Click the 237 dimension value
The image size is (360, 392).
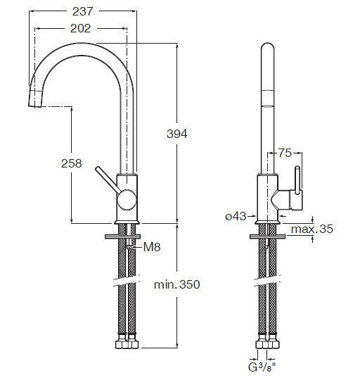83,11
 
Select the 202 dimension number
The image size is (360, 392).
80,28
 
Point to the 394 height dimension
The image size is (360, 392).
177,134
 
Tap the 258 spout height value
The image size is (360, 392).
72,163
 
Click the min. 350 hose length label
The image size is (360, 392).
177,284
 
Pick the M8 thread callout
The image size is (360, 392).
152,247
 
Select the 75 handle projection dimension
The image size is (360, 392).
285,153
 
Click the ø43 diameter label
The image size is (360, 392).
236,217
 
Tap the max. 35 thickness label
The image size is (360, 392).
312,229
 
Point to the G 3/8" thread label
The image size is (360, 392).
262,367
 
